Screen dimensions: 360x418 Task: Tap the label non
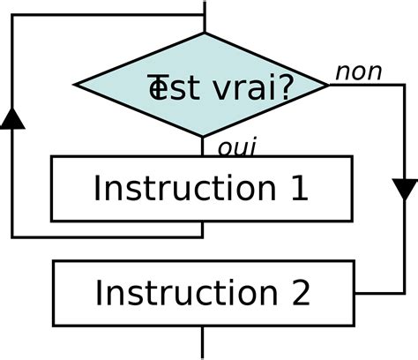pyautogui.click(x=357, y=72)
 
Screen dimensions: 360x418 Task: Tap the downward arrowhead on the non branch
pyautogui.click(x=405, y=190)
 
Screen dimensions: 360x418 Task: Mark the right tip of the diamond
pyautogui.click(x=330, y=85)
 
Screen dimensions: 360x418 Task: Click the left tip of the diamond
pyautogui.click(x=76, y=86)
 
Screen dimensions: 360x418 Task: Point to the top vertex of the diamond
pyautogui.click(x=204, y=34)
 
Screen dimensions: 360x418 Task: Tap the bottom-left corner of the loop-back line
pyautogui.click(x=11, y=236)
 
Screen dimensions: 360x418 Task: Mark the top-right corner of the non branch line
pyautogui.click(x=405, y=85)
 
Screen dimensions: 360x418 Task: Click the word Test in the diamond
pyautogui.click(x=167, y=87)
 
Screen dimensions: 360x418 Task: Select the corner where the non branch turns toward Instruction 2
pyautogui.click(x=405, y=293)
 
